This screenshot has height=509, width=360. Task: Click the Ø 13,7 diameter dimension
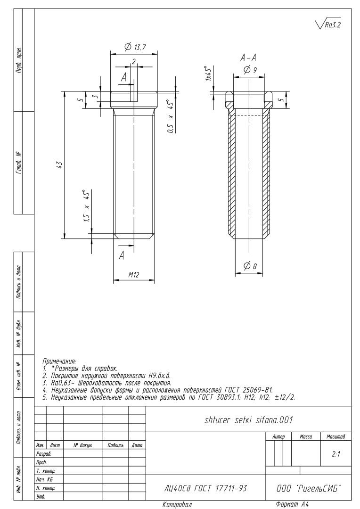[135, 47]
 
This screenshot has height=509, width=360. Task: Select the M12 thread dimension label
[133, 275]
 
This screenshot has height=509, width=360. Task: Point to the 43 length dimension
[59, 164]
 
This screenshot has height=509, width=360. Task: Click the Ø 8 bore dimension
[250, 266]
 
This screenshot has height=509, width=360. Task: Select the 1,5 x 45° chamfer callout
[87, 206]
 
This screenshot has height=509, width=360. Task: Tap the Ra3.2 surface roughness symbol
[328, 24]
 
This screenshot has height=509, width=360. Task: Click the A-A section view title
[248, 58]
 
